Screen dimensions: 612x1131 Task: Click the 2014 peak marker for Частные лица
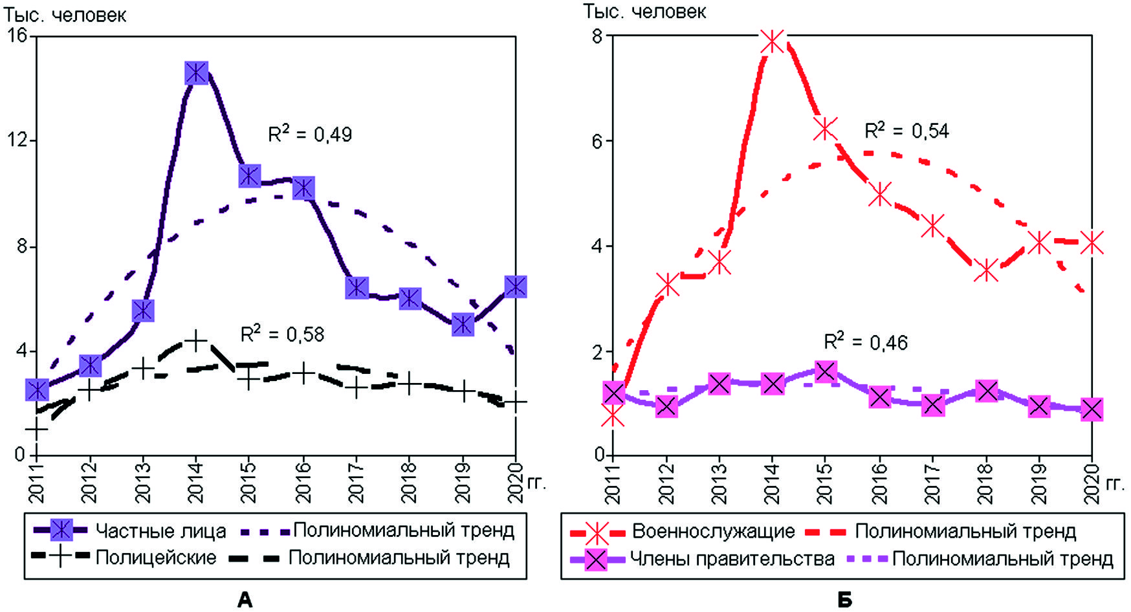click(196, 72)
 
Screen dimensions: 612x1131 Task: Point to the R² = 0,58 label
click(282, 334)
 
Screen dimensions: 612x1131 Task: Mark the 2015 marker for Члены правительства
click(825, 371)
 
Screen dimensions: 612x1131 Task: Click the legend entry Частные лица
click(160, 531)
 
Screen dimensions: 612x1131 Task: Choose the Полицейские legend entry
click(156, 558)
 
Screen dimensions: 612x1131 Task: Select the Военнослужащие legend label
click(713, 532)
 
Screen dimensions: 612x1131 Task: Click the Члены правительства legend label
click(732, 559)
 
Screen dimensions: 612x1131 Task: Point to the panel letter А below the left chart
click(245, 600)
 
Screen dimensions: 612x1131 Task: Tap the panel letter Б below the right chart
click(844, 600)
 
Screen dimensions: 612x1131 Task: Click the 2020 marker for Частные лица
click(515, 286)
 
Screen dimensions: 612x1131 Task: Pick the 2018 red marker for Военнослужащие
click(986, 270)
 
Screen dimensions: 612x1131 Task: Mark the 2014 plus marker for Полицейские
click(195, 340)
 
